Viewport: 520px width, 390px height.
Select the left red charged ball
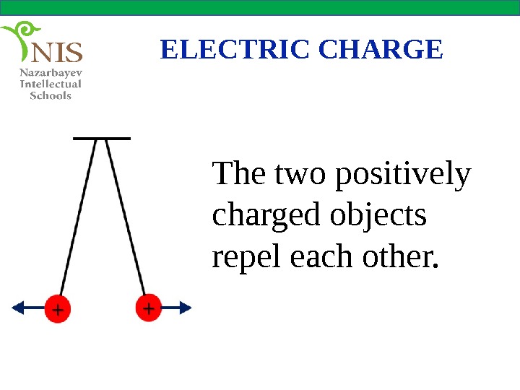pyautogui.click(x=58, y=308)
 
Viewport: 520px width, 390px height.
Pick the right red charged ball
pyautogui.click(x=149, y=308)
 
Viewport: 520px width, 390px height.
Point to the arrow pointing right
pyautogui.click(x=178, y=308)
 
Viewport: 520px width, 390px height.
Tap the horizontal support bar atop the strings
pyautogui.click(x=102, y=136)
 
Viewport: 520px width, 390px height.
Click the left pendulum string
pyautogui.click(x=78, y=217)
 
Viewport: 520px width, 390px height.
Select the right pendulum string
pyautogui.click(x=124, y=217)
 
